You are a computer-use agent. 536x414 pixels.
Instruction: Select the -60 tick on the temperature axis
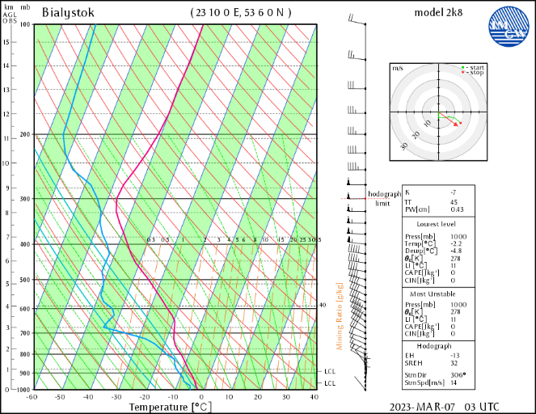pyautogui.click(x=32, y=397)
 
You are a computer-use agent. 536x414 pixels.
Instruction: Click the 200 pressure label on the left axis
pyautogui.click(x=24, y=134)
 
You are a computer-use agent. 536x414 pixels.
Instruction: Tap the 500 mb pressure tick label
pyautogui.click(x=24, y=280)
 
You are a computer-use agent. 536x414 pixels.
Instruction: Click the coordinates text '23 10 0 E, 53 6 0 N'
pyautogui.click(x=240, y=12)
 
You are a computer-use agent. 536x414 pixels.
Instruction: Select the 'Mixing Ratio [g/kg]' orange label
pyautogui.click(x=340, y=316)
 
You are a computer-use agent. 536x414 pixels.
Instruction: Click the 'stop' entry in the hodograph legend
pyautogui.click(x=475, y=73)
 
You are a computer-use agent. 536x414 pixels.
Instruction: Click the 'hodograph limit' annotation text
pyautogui.click(x=384, y=198)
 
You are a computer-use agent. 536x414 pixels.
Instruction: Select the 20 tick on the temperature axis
pyautogui.click(x=258, y=397)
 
